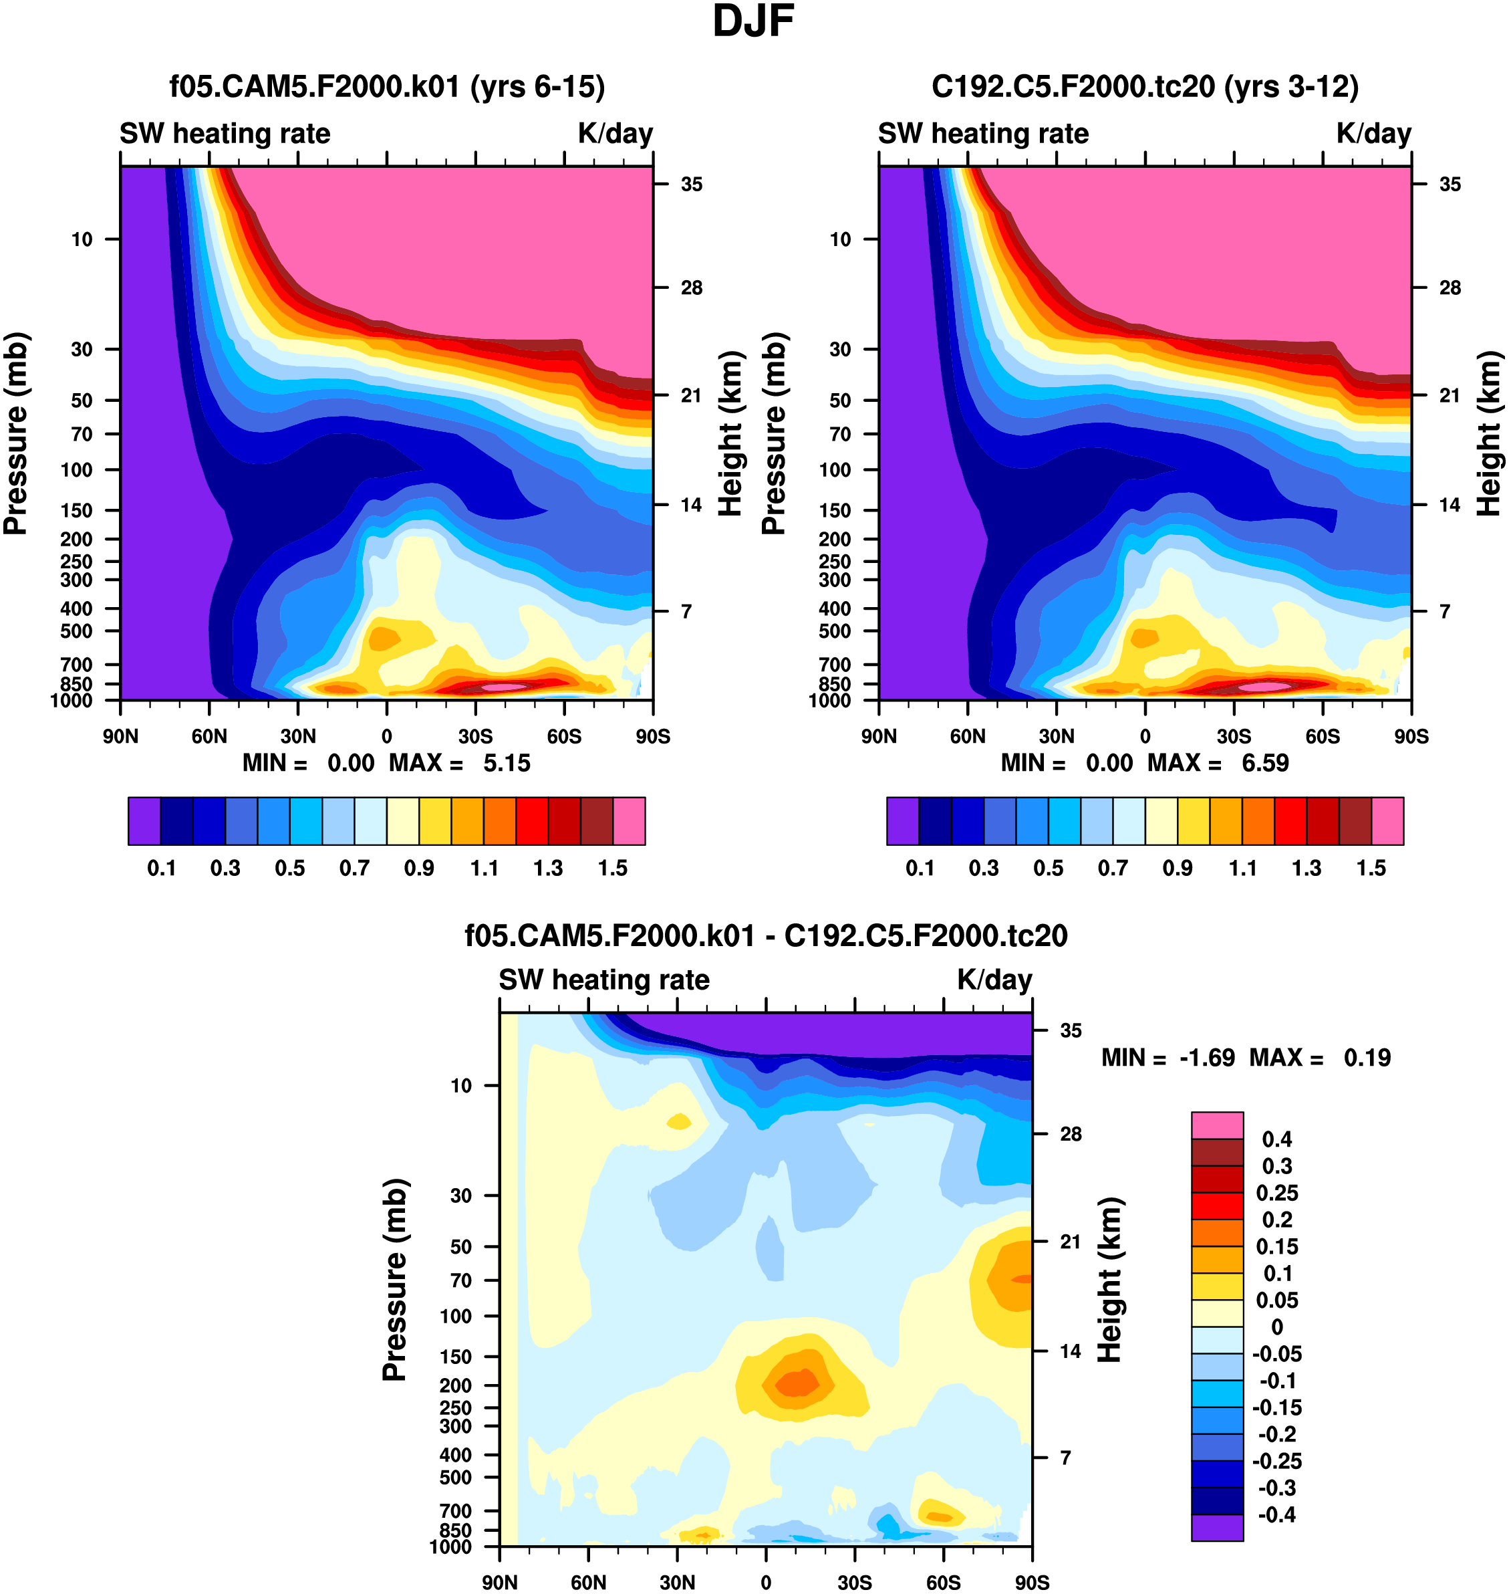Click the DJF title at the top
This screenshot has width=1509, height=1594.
753,21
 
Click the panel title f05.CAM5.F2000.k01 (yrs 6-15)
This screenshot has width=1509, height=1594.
387,86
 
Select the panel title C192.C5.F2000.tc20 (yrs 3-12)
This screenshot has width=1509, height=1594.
1145,86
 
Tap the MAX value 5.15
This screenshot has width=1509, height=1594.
507,763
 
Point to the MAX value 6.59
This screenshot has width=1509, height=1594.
1265,763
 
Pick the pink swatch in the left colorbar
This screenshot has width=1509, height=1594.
629,821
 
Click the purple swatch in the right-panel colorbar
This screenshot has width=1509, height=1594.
902,821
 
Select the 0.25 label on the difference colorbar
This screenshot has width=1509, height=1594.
1277,1192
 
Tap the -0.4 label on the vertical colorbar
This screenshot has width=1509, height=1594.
1277,1514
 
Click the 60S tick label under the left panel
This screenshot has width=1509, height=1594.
564,736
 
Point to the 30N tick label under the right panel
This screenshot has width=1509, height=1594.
1056,736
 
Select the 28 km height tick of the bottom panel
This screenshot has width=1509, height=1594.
1071,1134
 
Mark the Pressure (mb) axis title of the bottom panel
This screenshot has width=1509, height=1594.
394,1279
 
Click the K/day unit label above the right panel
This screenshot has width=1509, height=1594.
1374,134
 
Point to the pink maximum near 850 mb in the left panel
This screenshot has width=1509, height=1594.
503,687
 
